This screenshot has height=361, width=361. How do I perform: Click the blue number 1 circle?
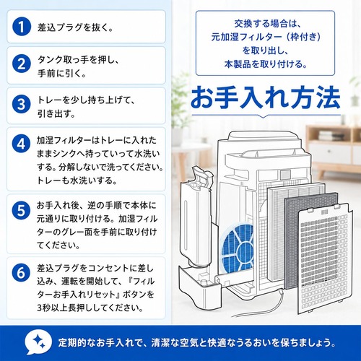[22, 27]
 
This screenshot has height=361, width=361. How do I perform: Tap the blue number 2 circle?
[22, 64]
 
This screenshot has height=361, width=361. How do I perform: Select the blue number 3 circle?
[22, 104]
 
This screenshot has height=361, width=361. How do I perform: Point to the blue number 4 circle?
[22, 144]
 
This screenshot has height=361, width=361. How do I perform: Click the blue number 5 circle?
[22, 210]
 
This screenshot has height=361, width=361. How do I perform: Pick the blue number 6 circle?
[22, 273]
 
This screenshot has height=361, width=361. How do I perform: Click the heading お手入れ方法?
[266, 97]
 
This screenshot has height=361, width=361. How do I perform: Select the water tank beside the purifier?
[196, 217]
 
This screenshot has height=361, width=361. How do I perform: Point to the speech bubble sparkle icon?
[38, 342]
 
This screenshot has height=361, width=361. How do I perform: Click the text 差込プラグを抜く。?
[75, 27]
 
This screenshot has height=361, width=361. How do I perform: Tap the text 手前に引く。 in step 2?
[61, 74]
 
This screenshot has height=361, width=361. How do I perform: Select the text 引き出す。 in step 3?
[56, 113]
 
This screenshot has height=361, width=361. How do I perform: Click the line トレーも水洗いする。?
[77, 180]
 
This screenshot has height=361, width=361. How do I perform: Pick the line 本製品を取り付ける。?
[266, 64]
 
